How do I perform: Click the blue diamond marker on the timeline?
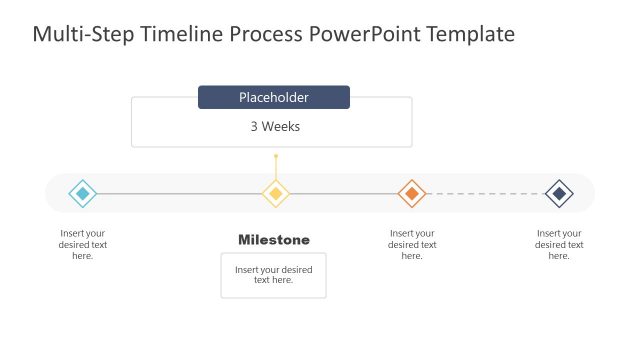click(83, 193)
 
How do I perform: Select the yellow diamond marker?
click(276, 193)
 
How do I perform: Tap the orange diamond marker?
click(412, 193)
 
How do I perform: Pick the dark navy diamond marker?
click(559, 193)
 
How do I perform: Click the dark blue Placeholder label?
click(274, 97)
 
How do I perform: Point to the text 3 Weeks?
click(275, 127)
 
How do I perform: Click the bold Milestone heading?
click(274, 240)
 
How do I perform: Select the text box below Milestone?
click(274, 275)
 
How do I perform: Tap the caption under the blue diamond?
click(83, 245)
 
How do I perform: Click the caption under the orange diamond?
click(412, 245)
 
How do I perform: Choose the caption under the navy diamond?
click(559, 245)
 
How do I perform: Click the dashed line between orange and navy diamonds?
click(485, 193)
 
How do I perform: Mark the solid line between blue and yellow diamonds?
click(180, 193)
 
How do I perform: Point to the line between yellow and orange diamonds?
click(344, 193)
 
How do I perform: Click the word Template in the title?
click(471, 35)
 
